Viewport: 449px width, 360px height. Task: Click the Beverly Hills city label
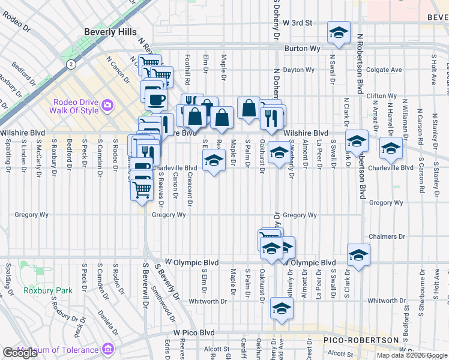110,32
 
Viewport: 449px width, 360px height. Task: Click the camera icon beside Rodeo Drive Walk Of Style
107,105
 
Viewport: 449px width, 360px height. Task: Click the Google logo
20,353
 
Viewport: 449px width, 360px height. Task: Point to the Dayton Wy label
299,70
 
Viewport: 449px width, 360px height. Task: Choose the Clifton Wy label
381,96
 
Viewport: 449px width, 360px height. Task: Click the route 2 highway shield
71,63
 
